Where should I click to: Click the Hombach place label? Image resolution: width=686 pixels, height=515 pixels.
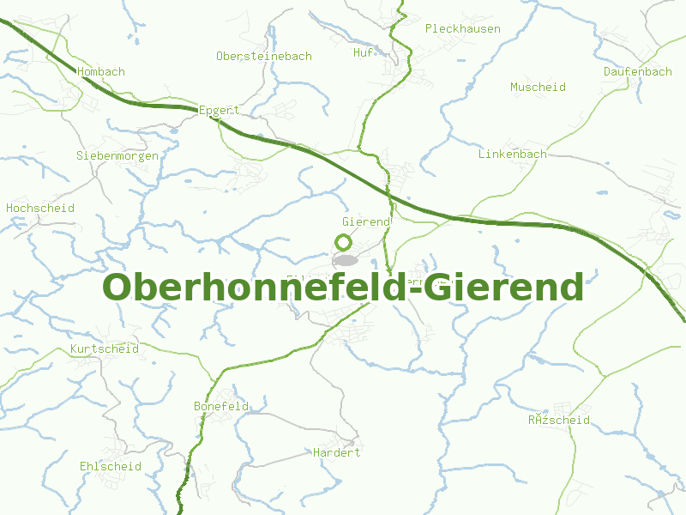coord(101,72)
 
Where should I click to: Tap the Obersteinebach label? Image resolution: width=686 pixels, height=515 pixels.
coord(263,56)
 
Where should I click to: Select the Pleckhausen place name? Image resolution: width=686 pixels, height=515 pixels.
coord(462,28)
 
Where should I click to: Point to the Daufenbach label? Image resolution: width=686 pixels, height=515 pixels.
coord(637,72)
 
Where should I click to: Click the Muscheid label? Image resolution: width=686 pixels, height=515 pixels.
coord(538,88)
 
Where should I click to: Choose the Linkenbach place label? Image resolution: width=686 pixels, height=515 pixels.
coord(512,154)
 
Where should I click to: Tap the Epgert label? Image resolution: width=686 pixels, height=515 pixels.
coord(219,111)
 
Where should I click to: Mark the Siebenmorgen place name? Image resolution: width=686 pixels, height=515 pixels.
coord(117,156)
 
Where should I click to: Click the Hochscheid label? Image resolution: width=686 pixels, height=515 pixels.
coord(40,209)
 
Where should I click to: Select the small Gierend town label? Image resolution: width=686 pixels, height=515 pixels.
coord(366,222)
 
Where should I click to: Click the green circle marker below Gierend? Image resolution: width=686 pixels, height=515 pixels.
coord(343,242)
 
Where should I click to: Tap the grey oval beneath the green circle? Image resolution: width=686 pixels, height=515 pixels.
coord(345,259)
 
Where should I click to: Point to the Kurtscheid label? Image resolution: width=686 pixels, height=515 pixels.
coord(104,349)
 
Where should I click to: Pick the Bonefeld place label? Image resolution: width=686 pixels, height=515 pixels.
coord(221,406)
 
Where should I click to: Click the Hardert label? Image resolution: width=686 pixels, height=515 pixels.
coord(336,452)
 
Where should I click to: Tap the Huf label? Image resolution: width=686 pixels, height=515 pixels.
coord(363,53)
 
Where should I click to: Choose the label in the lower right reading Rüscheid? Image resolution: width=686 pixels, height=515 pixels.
coord(558,421)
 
